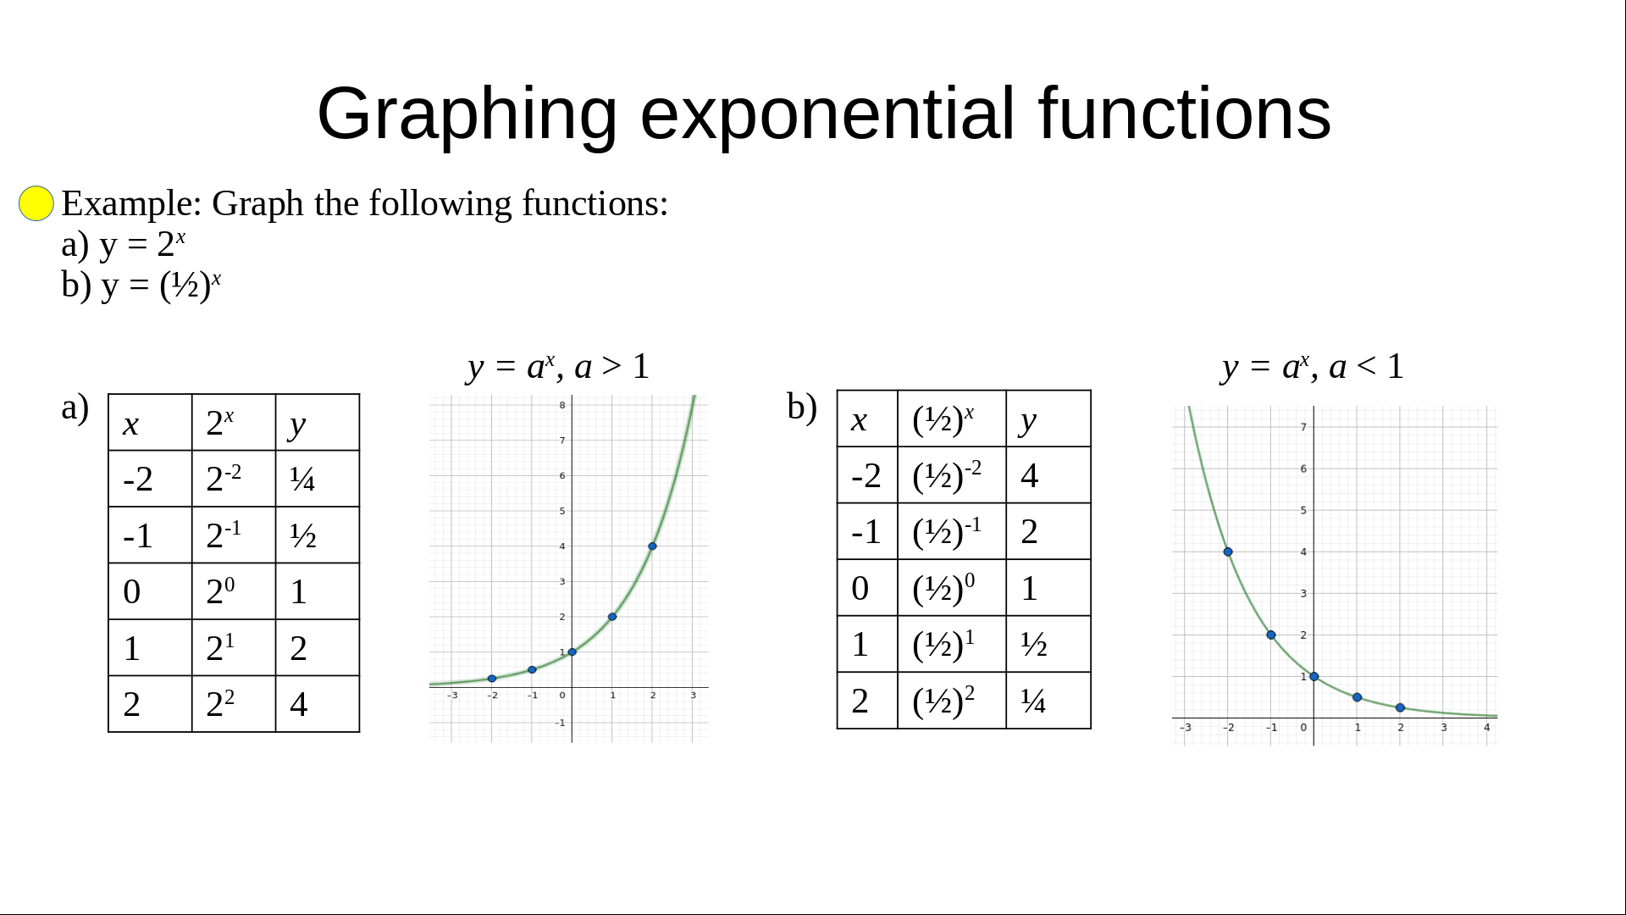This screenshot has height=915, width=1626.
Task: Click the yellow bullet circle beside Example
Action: coord(36,203)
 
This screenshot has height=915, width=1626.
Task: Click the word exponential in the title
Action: coord(827,114)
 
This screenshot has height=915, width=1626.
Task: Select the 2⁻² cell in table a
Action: coord(234,479)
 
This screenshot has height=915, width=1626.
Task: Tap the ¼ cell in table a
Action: coord(318,479)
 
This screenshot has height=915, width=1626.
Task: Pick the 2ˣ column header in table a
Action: coord(234,422)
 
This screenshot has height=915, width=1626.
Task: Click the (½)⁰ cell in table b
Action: coord(952,587)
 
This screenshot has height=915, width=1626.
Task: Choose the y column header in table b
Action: coord(1048,419)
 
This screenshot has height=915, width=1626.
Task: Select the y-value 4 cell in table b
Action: coord(1048,475)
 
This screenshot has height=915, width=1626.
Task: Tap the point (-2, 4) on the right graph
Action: coord(1228,552)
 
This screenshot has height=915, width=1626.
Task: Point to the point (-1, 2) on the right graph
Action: coord(1271,635)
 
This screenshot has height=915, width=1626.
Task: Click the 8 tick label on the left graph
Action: coord(561,405)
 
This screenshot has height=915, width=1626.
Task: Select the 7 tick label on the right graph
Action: coord(1303,427)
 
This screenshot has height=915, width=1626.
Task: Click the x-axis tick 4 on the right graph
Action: coord(1486,728)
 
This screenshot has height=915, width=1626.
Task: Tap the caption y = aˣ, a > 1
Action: coord(558,366)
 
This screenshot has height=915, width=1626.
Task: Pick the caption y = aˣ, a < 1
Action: coord(1314,366)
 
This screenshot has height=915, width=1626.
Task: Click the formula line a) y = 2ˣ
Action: coord(124,244)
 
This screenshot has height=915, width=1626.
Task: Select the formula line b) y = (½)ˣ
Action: coord(141,285)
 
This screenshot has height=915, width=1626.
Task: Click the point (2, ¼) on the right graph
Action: coord(1400,707)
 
